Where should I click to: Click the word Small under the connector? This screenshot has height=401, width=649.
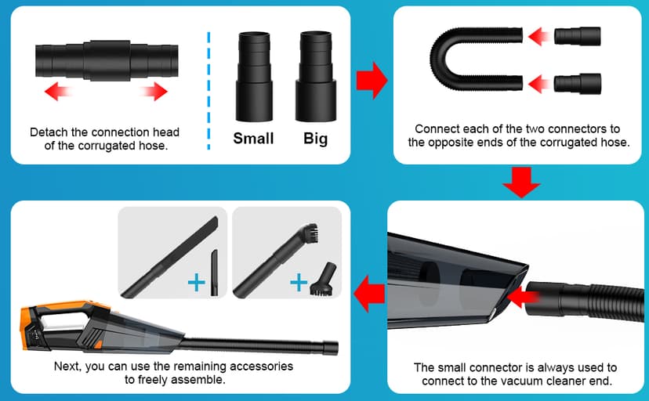pyautogui.click(x=253, y=139)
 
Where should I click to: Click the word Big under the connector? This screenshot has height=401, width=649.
pyautogui.click(x=315, y=139)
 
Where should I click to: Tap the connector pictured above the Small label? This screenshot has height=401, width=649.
pyautogui.click(x=254, y=77)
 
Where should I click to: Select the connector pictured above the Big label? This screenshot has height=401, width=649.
pyautogui.click(x=316, y=77)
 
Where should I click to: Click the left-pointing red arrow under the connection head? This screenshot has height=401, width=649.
pyautogui.click(x=58, y=91)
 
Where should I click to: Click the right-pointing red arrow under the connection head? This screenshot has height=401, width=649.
pyautogui.click(x=154, y=91)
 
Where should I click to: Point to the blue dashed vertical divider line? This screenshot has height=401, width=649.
pyautogui.click(x=208, y=91)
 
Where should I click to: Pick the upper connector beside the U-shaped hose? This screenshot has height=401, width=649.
pyautogui.click(x=578, y=36)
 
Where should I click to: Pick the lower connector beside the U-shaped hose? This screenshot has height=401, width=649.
pyautogui.click(x=578, y=84)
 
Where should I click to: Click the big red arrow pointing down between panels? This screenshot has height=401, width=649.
pyautogui.click(x=521, y=182)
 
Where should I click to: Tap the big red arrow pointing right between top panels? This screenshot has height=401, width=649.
pyautogui.click(x=372, y=80)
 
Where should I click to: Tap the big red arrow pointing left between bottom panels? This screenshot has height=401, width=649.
pyautogui.click(x=369, y=294)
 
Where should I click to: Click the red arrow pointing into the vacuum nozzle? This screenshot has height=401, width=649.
pyautogui.click(x=523, y=296)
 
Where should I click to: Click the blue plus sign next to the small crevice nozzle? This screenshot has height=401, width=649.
pyautogui.click(x=196, y=284)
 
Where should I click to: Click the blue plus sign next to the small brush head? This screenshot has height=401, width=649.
pyautogui.click(x=299, y=284)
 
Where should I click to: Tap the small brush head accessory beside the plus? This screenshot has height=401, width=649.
pyautogui.click(x=323, y=280)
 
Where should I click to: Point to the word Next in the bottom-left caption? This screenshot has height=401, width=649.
pyautogui.click(x=67, y=367)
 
